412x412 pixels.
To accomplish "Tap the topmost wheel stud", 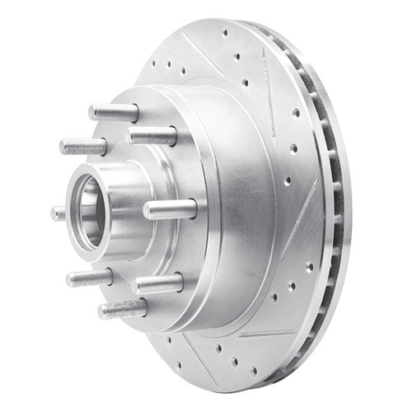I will (114, 111).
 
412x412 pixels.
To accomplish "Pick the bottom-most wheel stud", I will (122, 309).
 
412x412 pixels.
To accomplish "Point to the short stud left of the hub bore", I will (58, 213).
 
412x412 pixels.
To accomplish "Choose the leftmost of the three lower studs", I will (89, 278).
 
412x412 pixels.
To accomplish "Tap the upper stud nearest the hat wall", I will (152, 135).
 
